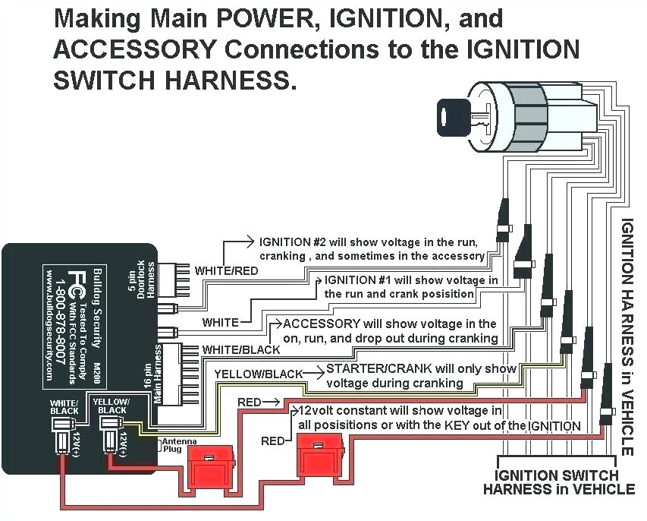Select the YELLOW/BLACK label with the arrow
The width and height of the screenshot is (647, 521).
pos(258,374)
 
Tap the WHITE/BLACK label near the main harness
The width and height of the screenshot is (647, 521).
pos(240,350)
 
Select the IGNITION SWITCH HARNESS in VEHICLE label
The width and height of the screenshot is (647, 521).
pos(558,482)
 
